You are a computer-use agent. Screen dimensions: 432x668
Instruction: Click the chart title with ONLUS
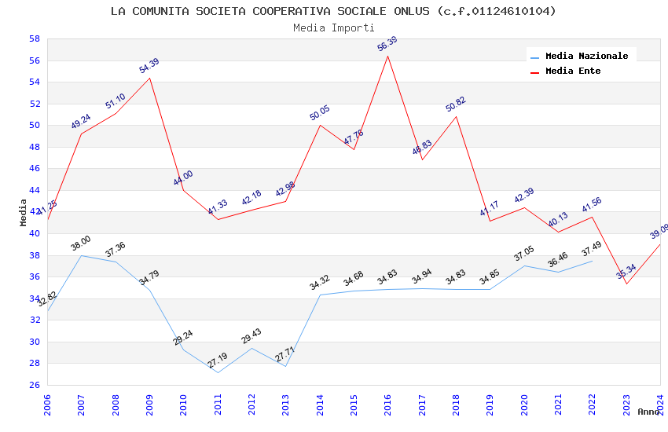333,11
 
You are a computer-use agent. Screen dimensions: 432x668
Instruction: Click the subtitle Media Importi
333,27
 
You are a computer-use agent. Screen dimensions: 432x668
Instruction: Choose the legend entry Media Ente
573,71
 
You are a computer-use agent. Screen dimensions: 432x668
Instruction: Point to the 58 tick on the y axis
35,38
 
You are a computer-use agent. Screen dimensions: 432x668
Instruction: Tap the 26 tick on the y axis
35,385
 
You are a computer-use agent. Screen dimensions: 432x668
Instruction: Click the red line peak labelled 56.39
387,56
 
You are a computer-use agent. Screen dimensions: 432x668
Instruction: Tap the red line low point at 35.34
626,284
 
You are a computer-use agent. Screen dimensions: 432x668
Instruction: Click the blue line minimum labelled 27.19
218,372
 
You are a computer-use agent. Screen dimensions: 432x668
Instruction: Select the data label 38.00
81,243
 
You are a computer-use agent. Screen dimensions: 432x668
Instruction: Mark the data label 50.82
456,104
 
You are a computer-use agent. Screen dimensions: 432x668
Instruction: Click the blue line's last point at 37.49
592,260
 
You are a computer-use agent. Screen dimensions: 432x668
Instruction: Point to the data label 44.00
183,178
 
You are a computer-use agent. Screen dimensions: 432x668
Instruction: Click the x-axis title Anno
648,412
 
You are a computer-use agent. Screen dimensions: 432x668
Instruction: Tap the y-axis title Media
24,211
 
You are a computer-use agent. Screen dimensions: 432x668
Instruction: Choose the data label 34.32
320,283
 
